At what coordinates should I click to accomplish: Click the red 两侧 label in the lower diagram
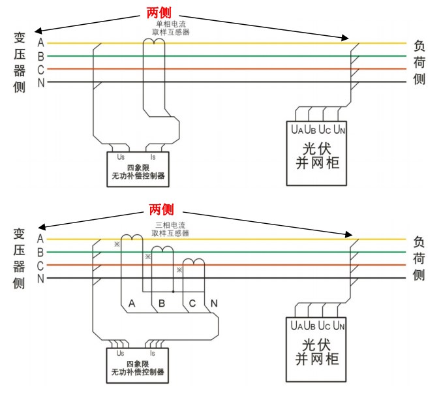(x=161, y=209)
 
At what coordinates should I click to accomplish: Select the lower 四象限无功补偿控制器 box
(x=137, y=366)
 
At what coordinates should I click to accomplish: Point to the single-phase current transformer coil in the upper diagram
(x=153, y=42)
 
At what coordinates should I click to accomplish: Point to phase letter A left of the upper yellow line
(x=40, y=42)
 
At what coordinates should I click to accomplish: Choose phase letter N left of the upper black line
(x=40, y=82)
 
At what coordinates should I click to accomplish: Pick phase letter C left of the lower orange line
(x=40, y=266)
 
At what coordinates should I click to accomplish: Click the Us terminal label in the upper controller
(x=121, y=157)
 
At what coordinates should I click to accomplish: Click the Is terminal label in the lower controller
(x=153, y=353)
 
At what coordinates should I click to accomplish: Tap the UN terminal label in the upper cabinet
(x=339, y=129)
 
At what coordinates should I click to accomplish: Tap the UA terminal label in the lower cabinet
(x=297, y=325)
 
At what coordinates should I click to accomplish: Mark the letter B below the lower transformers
(x=162, y=303)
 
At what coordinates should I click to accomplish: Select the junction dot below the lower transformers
(x=173, y=291)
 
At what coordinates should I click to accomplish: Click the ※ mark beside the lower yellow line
(x=117, y=244)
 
